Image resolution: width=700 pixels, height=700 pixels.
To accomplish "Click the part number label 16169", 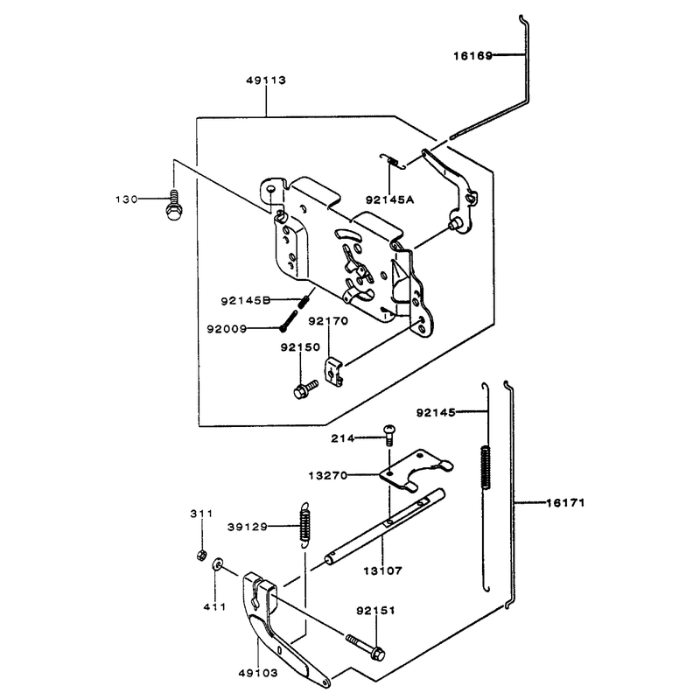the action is [x=472, y=56].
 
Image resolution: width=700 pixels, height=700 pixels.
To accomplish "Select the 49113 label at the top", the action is [x=266, y=80].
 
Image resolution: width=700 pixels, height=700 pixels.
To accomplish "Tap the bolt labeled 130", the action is [x=173, y=205].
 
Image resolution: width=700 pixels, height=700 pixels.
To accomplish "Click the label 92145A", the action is [x=389, y=199].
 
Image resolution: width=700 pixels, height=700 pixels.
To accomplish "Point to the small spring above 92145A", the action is [x=393, y=161].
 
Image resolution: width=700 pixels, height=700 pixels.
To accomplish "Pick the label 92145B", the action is [x=246, y=301].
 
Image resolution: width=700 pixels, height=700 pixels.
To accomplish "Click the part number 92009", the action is [x=227, y=329].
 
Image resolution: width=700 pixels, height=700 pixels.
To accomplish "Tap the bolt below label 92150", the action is [x=305, y=389].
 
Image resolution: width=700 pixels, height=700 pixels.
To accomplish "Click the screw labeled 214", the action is [x=389, y=435].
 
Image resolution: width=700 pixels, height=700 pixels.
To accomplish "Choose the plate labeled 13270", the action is [x=416, y=471].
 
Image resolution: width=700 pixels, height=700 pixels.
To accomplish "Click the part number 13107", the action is [x=382, y=570].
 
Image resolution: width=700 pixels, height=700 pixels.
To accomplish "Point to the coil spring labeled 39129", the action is [x=304, y=523].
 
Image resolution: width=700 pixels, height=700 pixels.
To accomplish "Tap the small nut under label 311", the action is [x=201, y=556].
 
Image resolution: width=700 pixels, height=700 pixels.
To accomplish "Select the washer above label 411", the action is [x=217, y=564].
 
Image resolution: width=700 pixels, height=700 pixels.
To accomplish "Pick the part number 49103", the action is [x=258, y=673].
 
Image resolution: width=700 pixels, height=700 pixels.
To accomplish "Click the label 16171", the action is [x=565, y=503].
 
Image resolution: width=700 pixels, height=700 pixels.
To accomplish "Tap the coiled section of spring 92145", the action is [x=486, y=467].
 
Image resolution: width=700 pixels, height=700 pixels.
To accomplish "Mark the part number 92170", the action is [x=328, y=321].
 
